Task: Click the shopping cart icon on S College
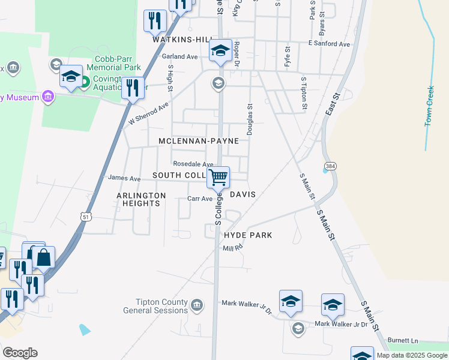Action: click(218, 177)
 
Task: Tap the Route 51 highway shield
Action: click(86, 217)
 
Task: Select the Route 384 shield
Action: click(330, 165)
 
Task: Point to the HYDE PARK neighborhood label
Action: click(248, 235)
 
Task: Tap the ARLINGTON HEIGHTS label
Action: click(141, 199)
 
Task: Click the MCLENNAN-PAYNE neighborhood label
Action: click(198, 141)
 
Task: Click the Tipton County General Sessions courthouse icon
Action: click(196, 306)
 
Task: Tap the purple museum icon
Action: click(49, 97)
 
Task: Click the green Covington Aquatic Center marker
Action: click(85, 81)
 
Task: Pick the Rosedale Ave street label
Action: click(193, 164)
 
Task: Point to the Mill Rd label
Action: click(232, 248)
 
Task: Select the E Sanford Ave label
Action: click(329, 44)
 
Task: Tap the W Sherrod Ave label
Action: click(148, 114)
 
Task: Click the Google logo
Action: click(20, 353)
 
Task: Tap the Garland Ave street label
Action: click(179, 56)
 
